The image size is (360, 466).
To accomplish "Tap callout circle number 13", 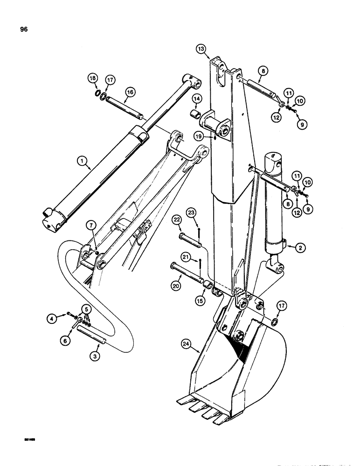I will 201,50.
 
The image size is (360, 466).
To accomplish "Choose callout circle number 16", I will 130,93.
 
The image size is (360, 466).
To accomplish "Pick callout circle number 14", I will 196,99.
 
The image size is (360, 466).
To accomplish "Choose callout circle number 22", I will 177,219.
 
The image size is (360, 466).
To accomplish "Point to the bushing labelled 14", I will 196,114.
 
